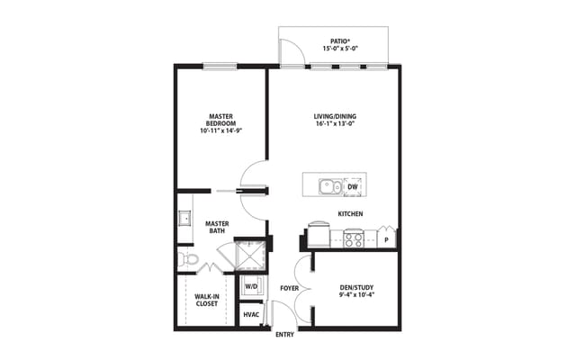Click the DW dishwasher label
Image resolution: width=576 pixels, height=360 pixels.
coord(353,187)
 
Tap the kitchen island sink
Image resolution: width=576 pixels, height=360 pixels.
coord(328,187)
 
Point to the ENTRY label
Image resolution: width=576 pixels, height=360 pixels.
coord(284,335)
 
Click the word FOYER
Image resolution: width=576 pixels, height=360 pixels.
coord(289,288)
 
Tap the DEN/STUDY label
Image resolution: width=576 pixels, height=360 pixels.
coord(355,286)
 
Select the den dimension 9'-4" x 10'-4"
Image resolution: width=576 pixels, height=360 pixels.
coord(355,294)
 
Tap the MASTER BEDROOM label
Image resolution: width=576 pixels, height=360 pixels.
coord(221,120)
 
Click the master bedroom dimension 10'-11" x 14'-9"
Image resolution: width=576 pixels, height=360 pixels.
coord(221,131)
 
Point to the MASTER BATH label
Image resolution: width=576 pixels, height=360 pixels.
coord(217,227)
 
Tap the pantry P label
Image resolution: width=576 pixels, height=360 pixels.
coord(386,240)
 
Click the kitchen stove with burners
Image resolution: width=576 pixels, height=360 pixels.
coord(354,238)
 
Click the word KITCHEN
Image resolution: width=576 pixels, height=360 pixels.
coord(350,213)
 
